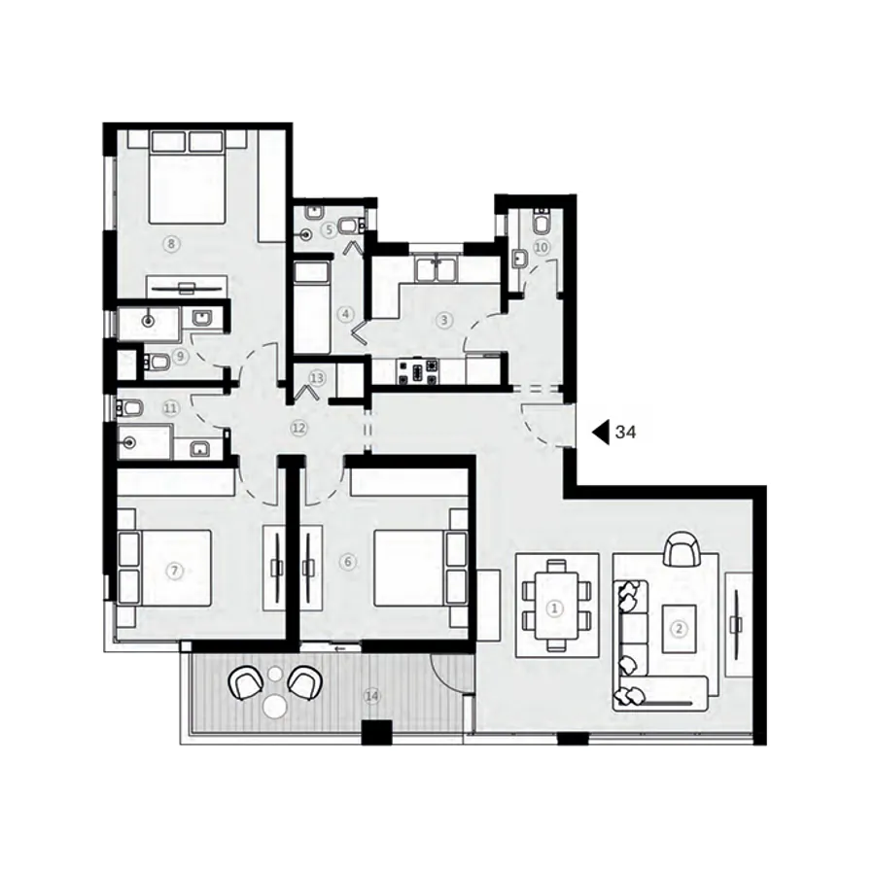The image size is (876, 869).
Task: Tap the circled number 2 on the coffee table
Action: (679, 628)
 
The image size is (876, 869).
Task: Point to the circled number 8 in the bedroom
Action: (171, 245)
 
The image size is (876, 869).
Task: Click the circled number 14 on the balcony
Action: (369, 696)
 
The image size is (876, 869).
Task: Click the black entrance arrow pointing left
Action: (599, 431)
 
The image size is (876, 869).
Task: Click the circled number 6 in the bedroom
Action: (349, 562)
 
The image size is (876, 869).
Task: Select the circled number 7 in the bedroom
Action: (175, 571)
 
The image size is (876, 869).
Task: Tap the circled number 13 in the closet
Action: (316, 377)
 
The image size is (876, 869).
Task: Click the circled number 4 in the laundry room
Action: (344, 314)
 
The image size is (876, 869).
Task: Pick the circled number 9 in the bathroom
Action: (180, 356)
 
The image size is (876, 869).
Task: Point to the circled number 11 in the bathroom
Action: (170, 409)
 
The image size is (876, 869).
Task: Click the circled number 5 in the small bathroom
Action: (330, 229)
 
